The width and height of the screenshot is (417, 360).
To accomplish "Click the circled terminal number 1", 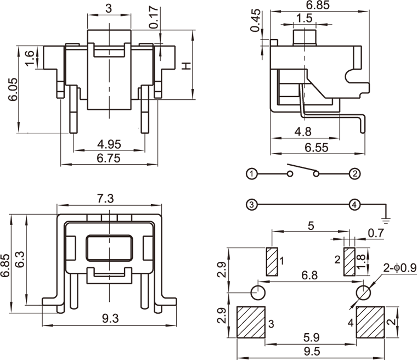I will pos(251,174).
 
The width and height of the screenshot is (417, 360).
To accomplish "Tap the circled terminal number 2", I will pos(355,174).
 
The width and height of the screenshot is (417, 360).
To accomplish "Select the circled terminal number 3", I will pos(251,205).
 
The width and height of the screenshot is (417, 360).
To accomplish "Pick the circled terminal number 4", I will pos(355,205).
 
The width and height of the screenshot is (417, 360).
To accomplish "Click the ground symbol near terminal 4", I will pos(386,220).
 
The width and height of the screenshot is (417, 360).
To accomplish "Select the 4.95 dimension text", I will pos(109,144).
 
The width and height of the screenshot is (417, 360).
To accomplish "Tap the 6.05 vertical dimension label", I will pos(12,89).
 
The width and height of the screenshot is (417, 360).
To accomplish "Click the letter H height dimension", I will pos(187,66).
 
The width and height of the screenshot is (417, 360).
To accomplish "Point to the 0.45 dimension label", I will pos(255,21).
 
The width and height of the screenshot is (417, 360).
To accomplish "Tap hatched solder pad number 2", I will pos(349,262).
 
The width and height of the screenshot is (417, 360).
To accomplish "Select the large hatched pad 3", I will pos(251,322).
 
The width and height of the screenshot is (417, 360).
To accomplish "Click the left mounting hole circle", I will pos(258,291).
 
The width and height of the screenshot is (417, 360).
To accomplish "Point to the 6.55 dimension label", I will pos(315,147).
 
